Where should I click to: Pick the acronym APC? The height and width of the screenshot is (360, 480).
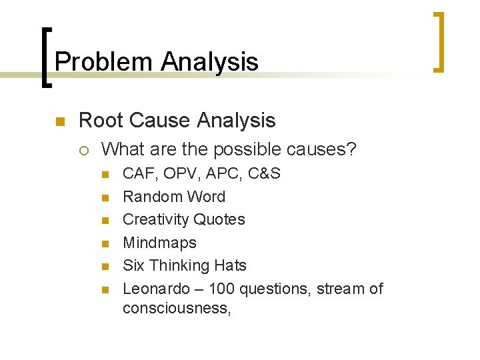pos(221,174)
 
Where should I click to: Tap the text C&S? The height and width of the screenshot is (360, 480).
pos(264,174)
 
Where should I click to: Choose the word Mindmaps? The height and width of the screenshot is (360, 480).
pos(159,243)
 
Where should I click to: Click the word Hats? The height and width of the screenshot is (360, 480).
pos(230,265)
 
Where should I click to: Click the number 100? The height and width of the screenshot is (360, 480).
pos(221,289)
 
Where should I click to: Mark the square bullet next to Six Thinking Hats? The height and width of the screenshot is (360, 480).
pos(104,266)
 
